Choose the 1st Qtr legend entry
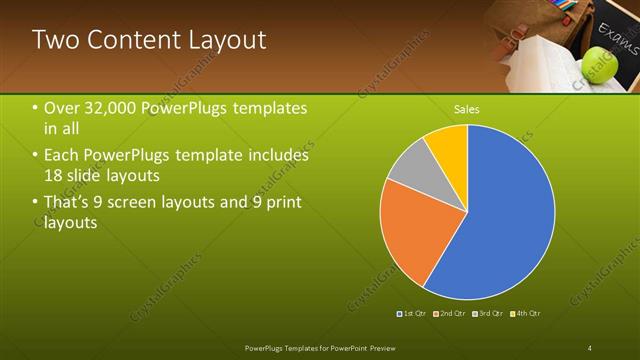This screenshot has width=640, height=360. click(413, 314)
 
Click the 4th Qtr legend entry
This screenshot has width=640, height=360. click(526, 314)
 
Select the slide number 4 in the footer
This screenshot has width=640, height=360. click(590, 347)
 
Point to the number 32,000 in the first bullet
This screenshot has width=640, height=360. click(111, 108)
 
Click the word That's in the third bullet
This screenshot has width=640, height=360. click(69, 203)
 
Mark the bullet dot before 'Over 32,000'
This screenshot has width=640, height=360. click(35, 108)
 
